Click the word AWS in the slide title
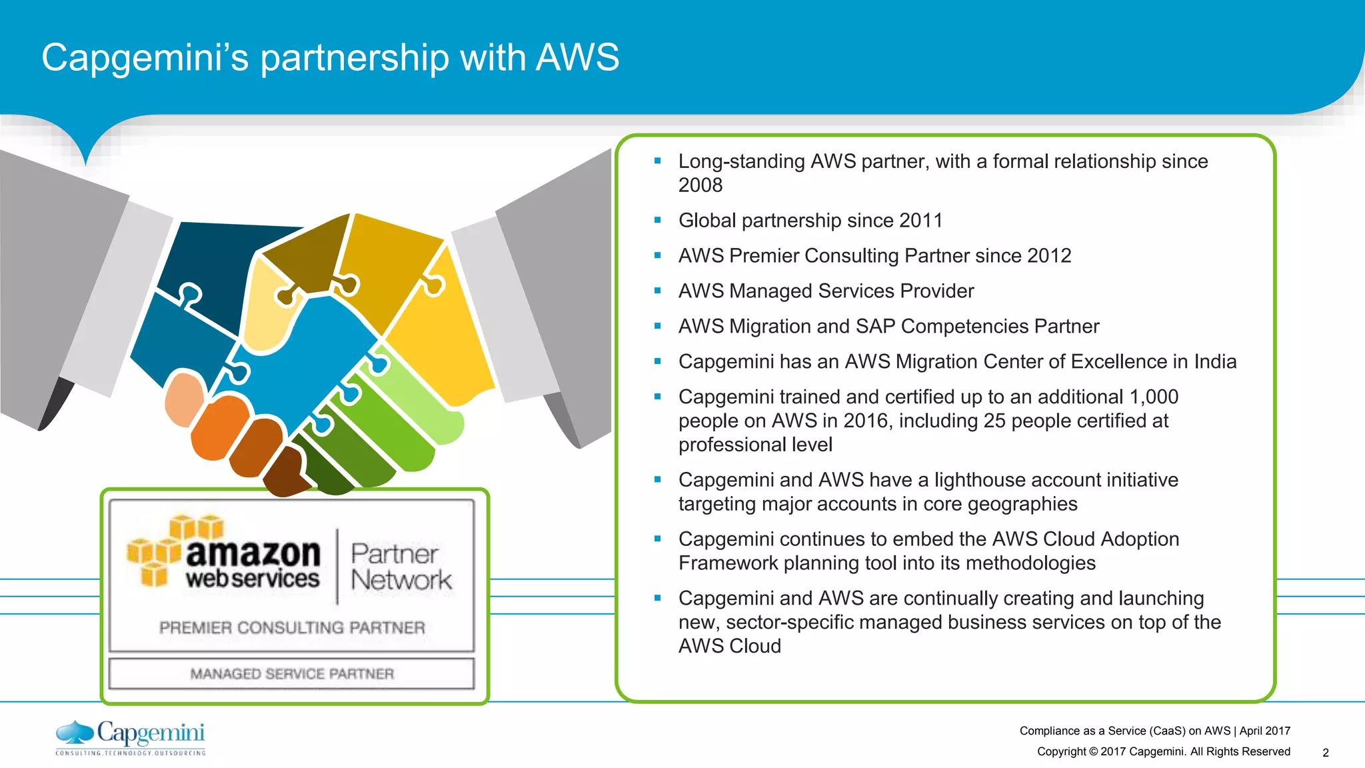tap(577, 57)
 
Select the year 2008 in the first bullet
tap(700, 185)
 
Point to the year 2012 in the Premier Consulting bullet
tap(1049, 256)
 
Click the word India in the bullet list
tap(1215, 362)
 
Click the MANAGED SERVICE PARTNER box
tap(292, 674)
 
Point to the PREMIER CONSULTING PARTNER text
tap(292, 628)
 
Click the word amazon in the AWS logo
tap(253, 553)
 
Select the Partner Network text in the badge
tap(400, 567)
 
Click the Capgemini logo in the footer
tap(131, 737)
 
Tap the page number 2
tap(1325, 753)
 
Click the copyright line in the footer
tap(1163, 752)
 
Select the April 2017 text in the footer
tap(1264, 731)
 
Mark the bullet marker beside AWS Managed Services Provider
tap(657, 291)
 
